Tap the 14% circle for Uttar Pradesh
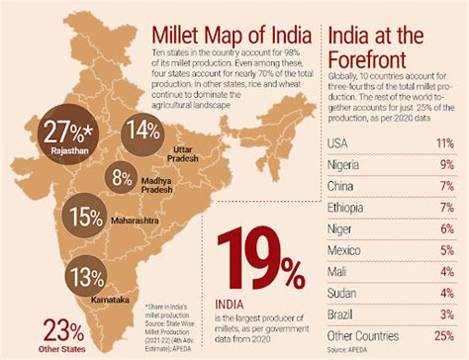pos(141,129)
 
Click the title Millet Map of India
pos(232,18)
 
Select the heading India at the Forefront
pos(389,46)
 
